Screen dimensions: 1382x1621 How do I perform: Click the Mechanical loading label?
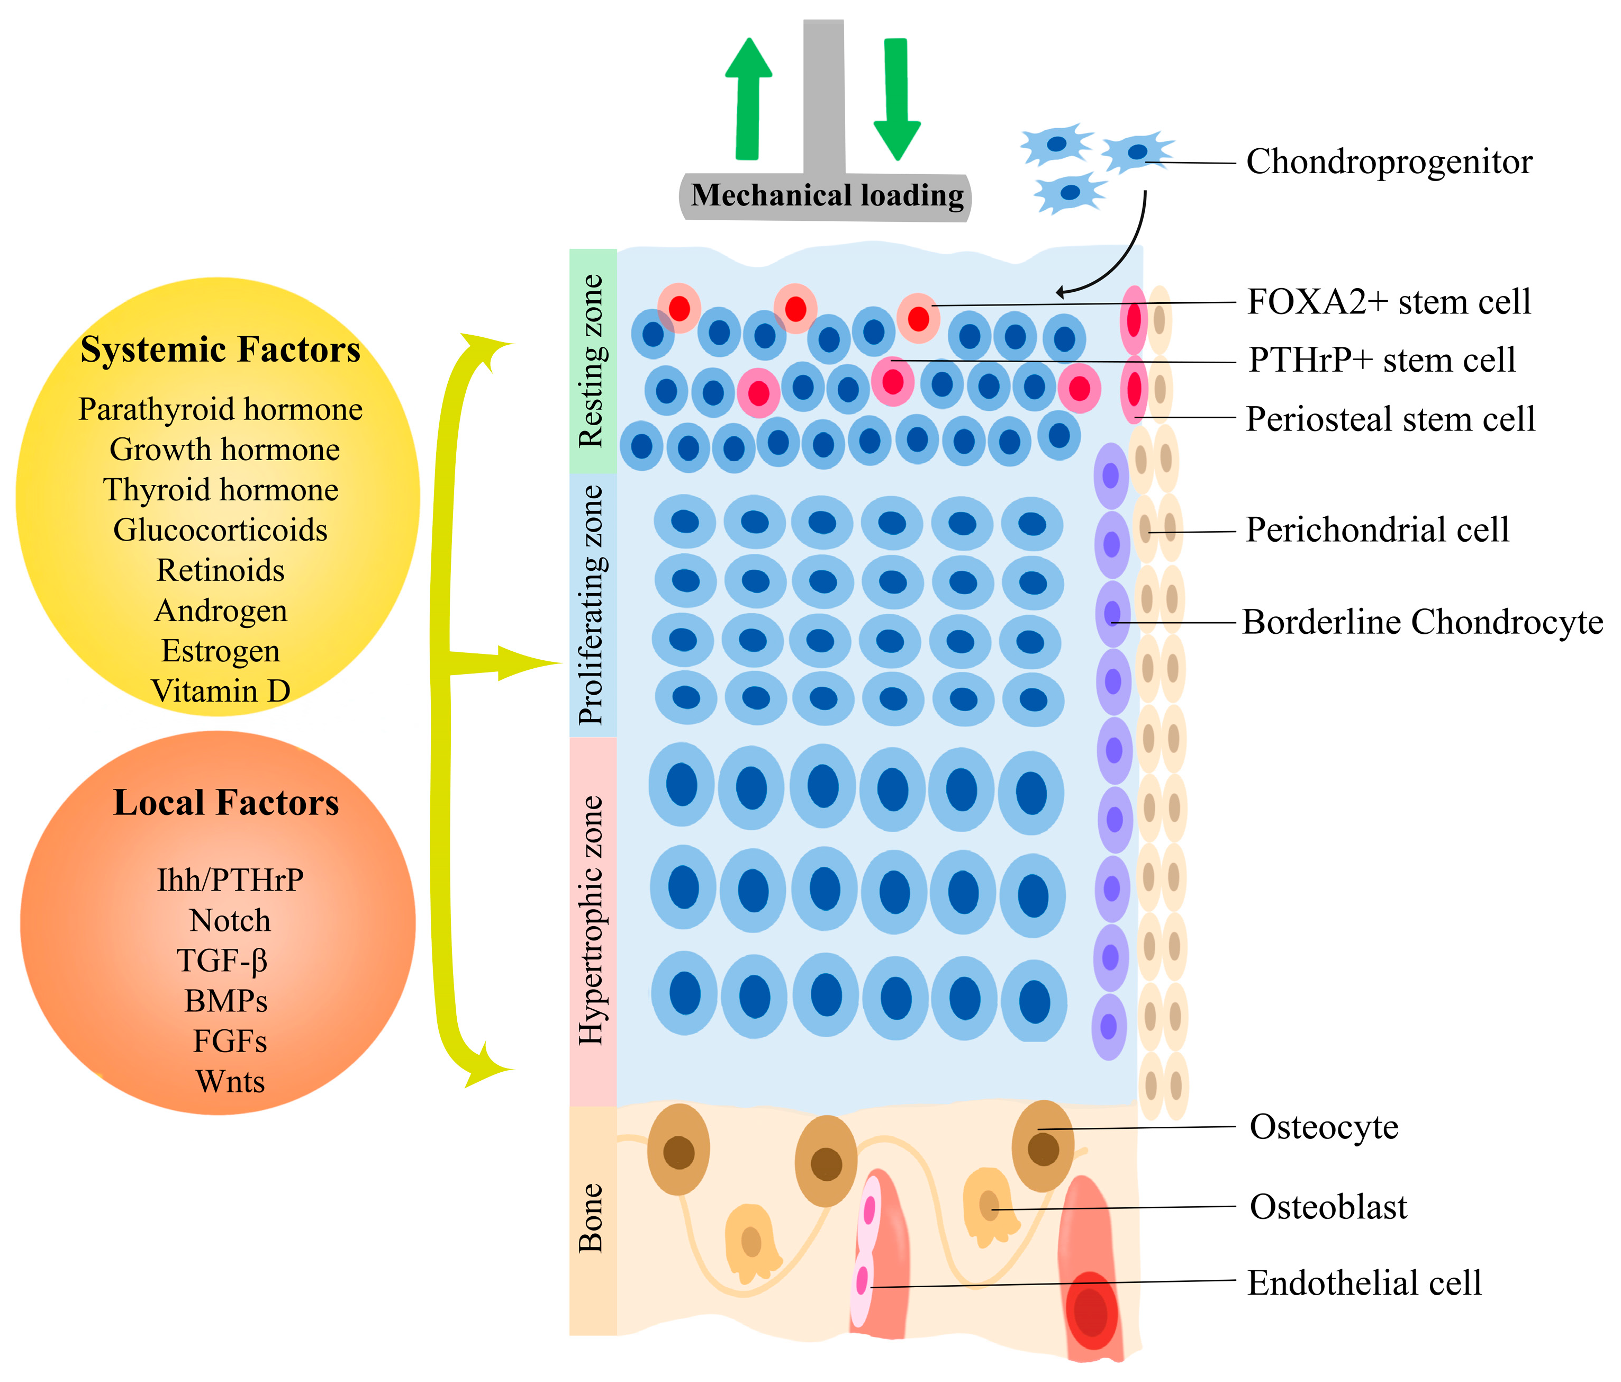click(827, 195)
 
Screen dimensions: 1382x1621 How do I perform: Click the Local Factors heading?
click(225, 802)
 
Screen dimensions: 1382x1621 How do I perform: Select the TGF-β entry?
click(222, 961)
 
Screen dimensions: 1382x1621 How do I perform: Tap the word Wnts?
click(230, 1081)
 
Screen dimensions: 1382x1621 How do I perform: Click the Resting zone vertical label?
click(592, 362)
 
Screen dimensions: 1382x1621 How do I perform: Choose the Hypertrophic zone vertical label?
click(592, 920)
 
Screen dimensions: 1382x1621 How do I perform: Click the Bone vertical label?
click(592, 1218)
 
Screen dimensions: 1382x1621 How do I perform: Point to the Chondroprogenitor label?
click(1389, 162)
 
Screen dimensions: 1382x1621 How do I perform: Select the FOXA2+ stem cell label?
click(1389, 302)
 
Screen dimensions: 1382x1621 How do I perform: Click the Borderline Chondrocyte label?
click(1421, 622)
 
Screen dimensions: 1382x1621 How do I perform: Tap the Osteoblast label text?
click(1328, 1207)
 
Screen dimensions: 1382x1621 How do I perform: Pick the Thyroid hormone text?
click(221, 490)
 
